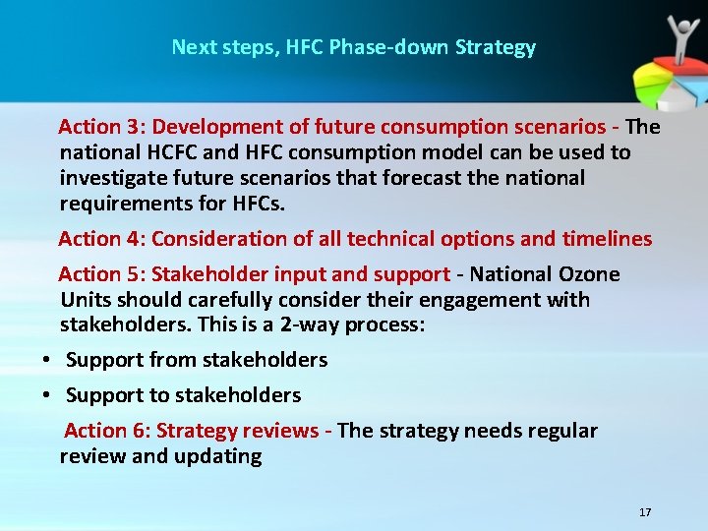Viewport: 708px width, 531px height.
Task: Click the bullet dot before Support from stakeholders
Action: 46,361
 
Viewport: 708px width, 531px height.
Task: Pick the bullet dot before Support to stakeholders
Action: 46,395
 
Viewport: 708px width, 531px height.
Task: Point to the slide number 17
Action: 645,512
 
